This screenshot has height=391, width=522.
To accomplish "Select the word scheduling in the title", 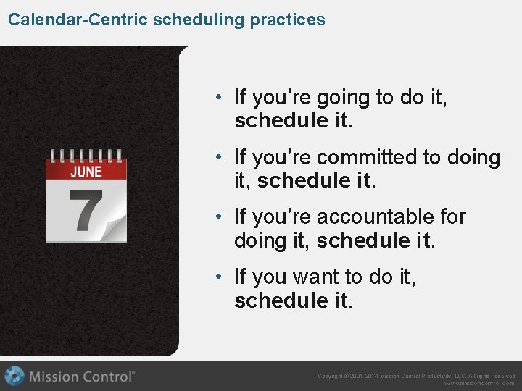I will pos(199,20).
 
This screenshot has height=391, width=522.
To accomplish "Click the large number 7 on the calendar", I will pos(85,211).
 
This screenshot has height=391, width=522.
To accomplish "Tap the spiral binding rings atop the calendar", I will pos(86,154).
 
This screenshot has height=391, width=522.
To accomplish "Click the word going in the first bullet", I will pos(336,98).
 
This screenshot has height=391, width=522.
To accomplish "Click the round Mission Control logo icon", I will pos(14,376).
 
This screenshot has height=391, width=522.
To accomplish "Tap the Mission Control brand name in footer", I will pos(82,376).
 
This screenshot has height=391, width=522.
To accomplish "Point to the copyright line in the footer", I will pos(416,376).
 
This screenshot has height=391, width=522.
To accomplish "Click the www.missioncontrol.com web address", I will pos(479,384).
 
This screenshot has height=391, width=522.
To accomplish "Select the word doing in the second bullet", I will pos(475,157).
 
